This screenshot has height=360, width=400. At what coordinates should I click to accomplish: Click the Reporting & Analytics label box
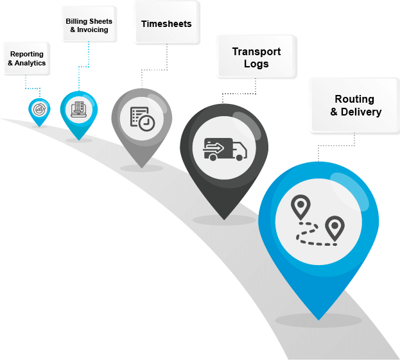[x=26, y=58]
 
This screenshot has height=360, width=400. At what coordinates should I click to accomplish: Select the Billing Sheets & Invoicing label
[x=89, y=26]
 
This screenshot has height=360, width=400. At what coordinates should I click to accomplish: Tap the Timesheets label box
[x=166, y=24]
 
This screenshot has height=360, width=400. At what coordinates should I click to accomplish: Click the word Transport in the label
[x=256, y=52]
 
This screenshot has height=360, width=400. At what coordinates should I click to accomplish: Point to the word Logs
[x=256, y=64]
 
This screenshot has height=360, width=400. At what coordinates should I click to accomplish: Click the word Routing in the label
[x=354, y=99]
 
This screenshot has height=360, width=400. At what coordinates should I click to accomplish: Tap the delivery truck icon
[x=225, y=150]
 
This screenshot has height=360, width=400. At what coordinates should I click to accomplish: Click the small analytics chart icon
[x=40, y=109]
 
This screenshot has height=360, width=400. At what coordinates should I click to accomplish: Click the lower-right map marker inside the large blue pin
[x=334, y=228]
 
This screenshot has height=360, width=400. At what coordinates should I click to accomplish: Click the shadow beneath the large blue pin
[x=318, y=321]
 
